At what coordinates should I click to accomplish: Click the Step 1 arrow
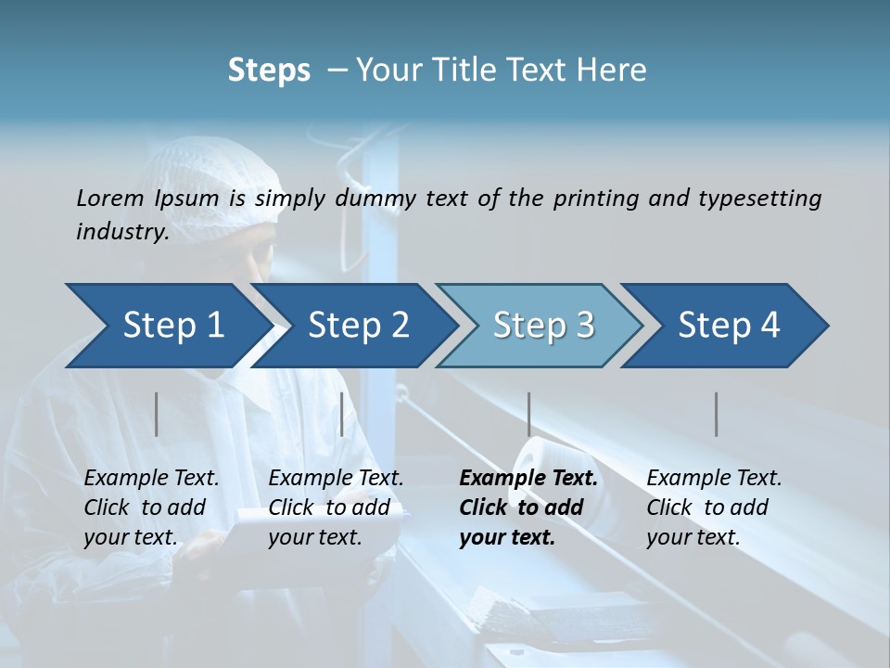(167, 326)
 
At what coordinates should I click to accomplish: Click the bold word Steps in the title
(269, 71)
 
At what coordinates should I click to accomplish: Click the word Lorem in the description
(110, 198)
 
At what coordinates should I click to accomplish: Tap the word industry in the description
(121, 232)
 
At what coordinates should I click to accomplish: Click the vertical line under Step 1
(157, 414)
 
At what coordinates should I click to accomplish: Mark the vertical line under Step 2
(342, 414)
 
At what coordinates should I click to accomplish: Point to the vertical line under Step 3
(529, 414)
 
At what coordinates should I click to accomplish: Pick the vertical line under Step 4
(717, 414)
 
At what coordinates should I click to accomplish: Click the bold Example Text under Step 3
(528, 479)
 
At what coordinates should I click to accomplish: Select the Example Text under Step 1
(151, 479)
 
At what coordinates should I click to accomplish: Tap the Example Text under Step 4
(714, 479)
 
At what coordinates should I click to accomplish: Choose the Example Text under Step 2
(336, 479)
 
